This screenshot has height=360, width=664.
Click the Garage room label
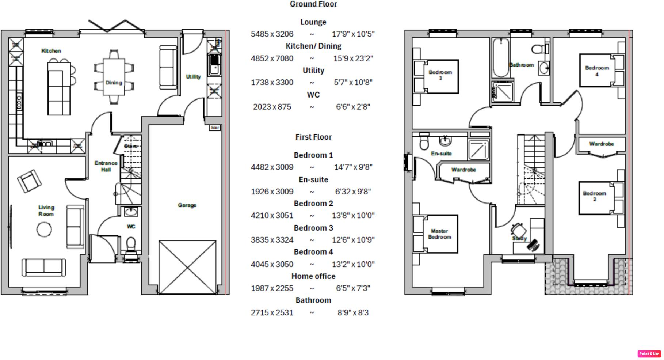(187, 205)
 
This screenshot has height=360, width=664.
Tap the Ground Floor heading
(313, 4)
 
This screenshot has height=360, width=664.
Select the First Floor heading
(313, 137)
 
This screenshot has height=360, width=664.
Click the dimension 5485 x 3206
(272, 34)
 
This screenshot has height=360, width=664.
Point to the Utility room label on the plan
(193, 77)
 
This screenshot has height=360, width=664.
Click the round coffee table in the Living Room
(44, 230)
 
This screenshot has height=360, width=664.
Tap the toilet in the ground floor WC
(131, 244)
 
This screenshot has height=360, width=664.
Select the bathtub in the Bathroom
(500, 57)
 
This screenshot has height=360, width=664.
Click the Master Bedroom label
(439, 234)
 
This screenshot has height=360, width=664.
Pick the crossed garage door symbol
(187, 267)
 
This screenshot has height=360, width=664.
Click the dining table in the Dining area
(114, 77)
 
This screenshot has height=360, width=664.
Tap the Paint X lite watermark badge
(649, 353)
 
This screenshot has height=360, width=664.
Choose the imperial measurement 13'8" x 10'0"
(353, 216)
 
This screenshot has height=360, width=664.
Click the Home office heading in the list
(313, 276)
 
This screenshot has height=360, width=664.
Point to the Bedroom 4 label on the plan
(597, 71)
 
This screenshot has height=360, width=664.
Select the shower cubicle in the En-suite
(478, 149)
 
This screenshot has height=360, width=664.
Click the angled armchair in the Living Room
(29, 181)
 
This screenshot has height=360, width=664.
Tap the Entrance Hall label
(106, 166)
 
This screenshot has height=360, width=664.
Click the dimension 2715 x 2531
(272, 313)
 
